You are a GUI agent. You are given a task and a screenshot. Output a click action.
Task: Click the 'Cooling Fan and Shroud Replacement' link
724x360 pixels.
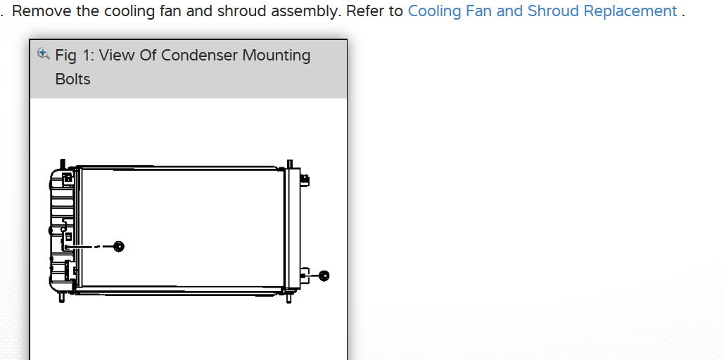point(542,12)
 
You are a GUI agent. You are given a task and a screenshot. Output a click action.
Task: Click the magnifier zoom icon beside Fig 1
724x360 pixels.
point(44,53)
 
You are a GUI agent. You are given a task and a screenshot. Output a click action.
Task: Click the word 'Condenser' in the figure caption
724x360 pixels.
point(199,56)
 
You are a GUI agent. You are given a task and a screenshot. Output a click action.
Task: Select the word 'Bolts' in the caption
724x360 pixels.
point(73,79)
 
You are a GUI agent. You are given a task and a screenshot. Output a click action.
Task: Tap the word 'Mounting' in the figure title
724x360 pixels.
point(277,56)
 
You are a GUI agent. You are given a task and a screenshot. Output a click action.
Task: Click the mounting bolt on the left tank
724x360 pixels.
point(118,246)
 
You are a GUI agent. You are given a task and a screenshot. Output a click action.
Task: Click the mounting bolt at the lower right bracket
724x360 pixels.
point(324,276)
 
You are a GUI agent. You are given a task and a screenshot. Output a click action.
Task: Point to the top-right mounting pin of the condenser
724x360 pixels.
point(289,165)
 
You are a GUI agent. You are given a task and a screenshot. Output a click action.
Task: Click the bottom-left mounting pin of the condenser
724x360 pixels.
point(62,297)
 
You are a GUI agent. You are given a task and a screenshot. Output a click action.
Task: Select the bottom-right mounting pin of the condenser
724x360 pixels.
point(289,297)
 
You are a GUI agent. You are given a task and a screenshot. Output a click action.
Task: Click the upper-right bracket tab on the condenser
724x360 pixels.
point(305,180)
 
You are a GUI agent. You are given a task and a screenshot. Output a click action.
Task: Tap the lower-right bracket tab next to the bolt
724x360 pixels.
point(305,275)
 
